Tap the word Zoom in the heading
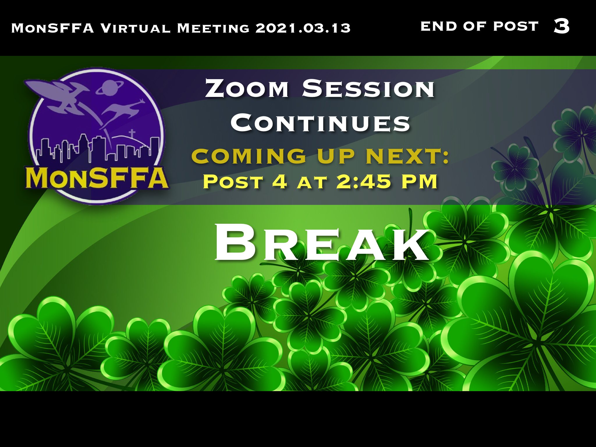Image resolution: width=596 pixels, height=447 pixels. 247,88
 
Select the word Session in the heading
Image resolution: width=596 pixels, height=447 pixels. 368,88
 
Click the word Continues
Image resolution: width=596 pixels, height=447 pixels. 320,123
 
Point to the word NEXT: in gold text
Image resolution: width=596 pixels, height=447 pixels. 407,156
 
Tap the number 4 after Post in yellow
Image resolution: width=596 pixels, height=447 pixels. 280,181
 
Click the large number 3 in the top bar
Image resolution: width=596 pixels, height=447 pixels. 562,26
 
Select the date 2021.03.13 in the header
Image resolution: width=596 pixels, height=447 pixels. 303,28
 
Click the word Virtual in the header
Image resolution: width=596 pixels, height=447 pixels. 135,28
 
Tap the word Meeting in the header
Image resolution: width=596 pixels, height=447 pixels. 213,28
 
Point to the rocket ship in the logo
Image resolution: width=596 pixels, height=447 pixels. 58,95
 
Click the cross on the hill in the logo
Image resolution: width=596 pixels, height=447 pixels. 132,133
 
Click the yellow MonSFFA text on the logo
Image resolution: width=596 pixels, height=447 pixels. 97,178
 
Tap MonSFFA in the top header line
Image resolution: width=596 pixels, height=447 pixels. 53,28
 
